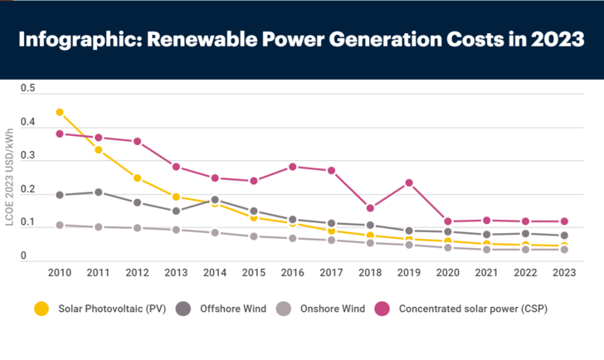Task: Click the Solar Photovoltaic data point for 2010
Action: (x=60, y=112)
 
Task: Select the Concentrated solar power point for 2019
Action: (x=409, y=182)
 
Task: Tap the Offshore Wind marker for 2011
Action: (x=99, y=192)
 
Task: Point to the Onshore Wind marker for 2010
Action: (x=60, y=225)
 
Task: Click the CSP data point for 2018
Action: (x=370, y=208)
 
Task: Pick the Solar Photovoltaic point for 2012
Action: (x=138, y=178)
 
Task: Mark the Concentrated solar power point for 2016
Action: (x=293, y=167)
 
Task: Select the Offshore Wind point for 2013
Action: (x=177, y=211)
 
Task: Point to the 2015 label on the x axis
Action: (x=254, y=272)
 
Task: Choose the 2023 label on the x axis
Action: (x=563, y=272)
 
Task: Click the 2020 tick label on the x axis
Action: (x=447, y=272)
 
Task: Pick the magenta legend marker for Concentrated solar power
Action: (x=382, y=309)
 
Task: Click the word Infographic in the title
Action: (x=80, y=40)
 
